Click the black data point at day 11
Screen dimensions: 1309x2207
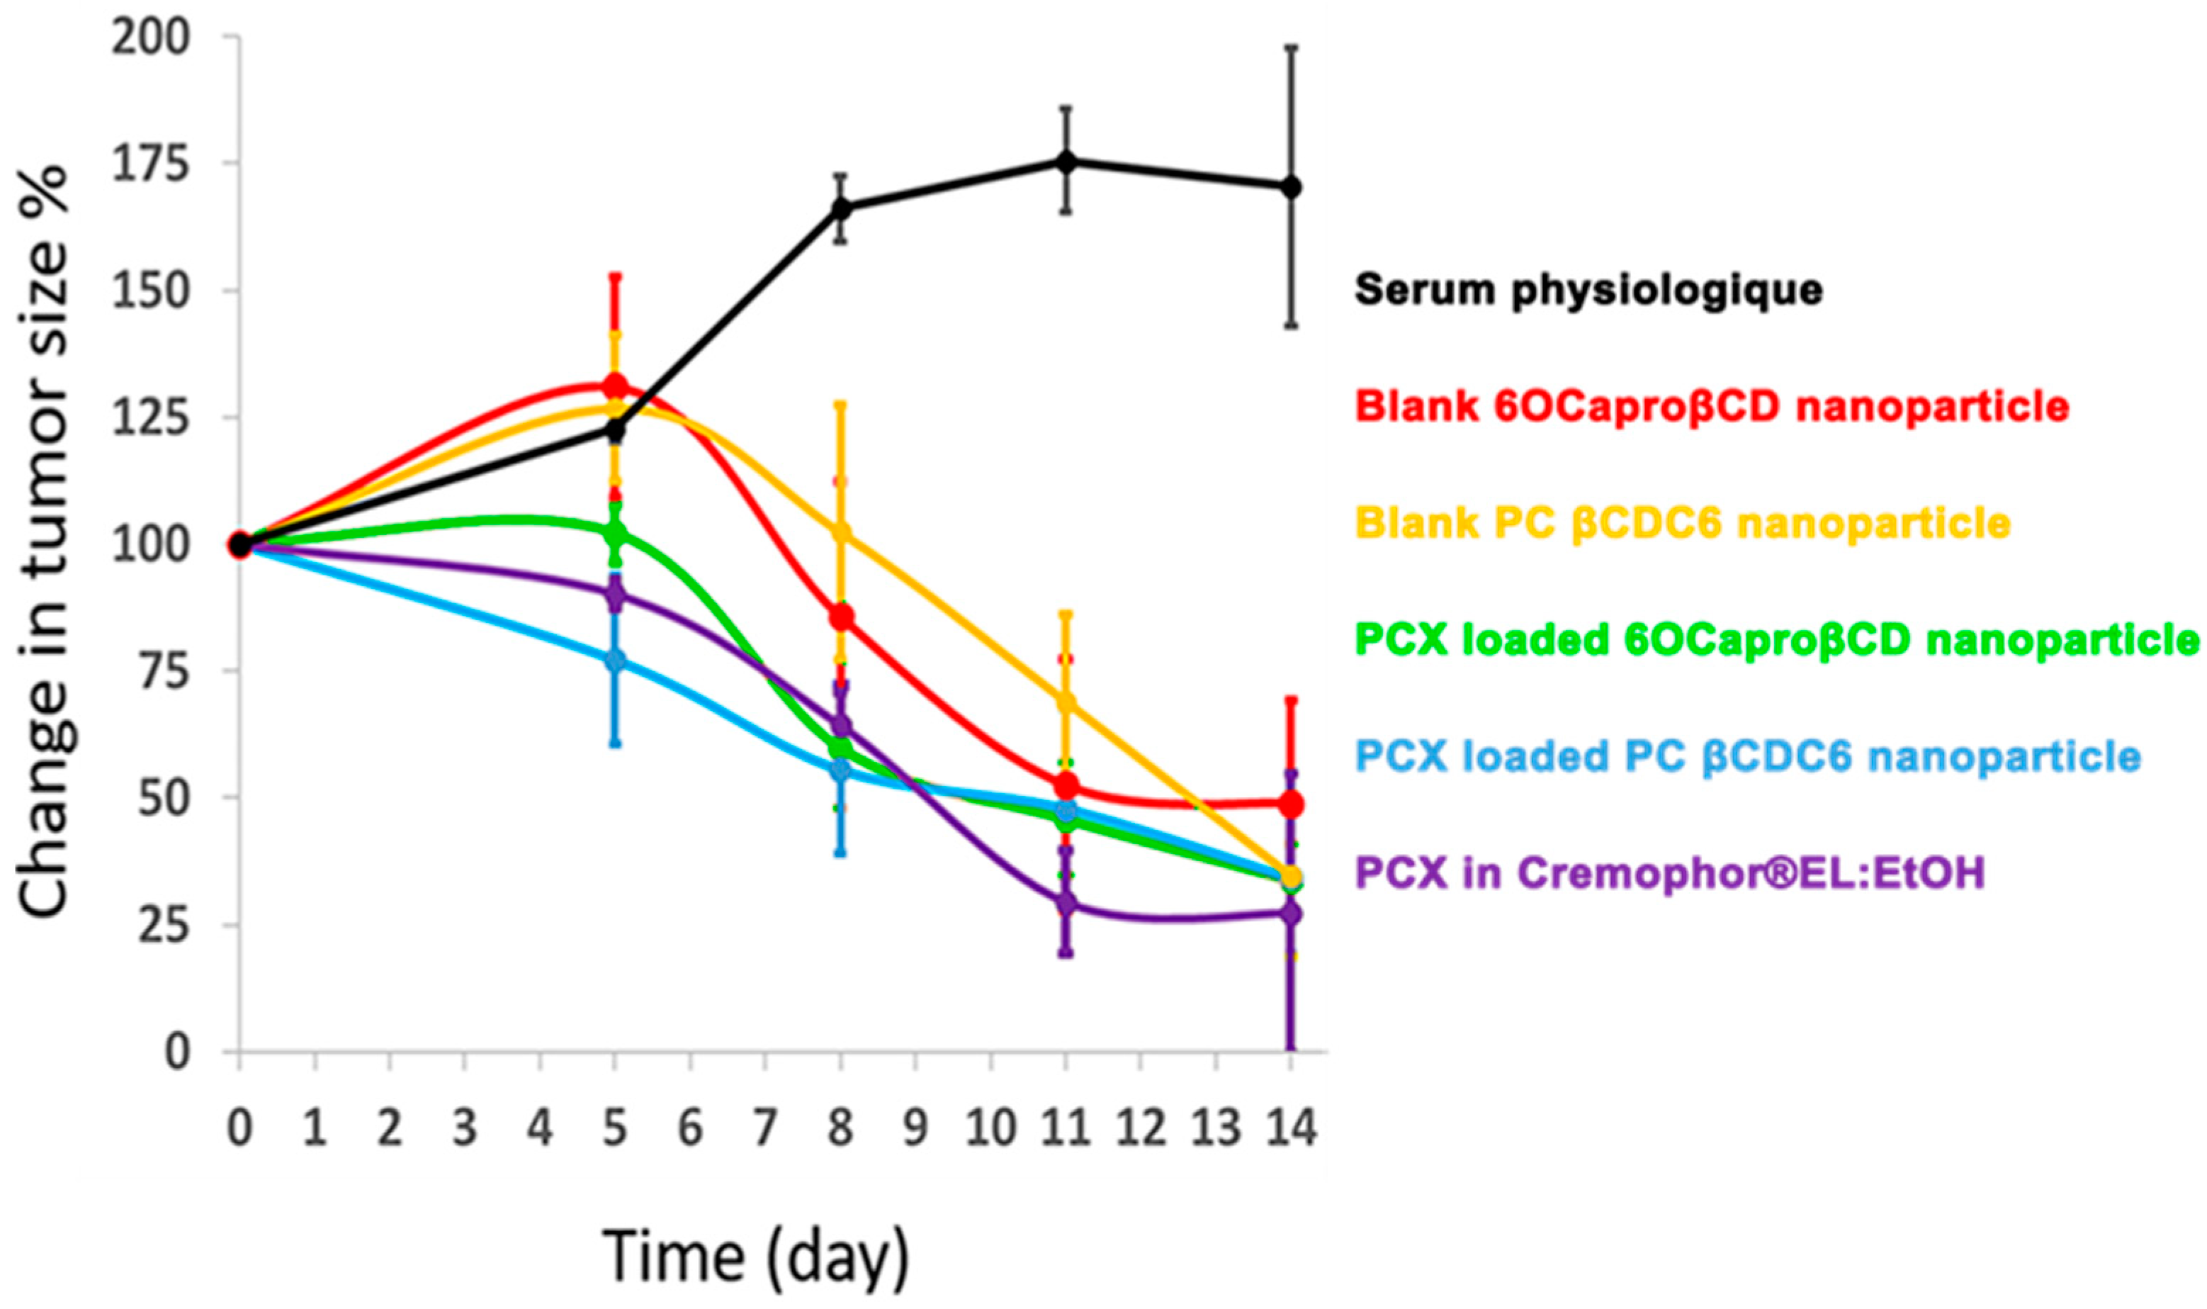(x=1066, y=162)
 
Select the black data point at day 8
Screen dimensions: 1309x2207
(x=841, y=208)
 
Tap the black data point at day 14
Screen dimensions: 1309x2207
(x=1291, y=187)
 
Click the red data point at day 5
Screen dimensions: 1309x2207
(x=616, y=386)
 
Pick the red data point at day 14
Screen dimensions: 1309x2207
(x=1291, y=804)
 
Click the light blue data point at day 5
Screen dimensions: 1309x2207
(x=616, y=661)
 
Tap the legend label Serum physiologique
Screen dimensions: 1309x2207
(x=1588, y=289)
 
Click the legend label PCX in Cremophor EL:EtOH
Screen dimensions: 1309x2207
(x=1670, y=873)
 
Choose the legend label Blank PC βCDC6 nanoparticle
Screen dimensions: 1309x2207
(x=1683, y=523)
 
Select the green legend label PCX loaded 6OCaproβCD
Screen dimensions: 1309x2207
(x=1776, y=639)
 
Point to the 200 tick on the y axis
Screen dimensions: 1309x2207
(x=150, y=38)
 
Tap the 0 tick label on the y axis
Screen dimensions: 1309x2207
(x=176, y=1052)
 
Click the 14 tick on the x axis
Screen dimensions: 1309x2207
(x=1291, y=1128)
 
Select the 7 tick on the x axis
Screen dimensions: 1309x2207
(x=765, y=1128)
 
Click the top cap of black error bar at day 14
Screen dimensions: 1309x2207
(x=1291, y=46)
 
